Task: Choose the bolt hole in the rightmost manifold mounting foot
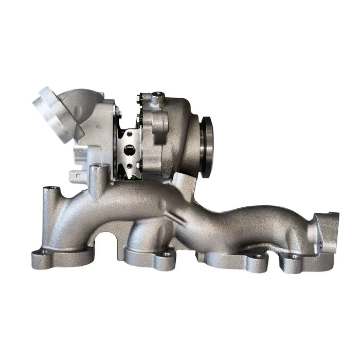click(295, 256)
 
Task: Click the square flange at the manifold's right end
click(326, 231)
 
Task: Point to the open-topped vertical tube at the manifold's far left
click(50, 193)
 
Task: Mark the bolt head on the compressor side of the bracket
click(117, 110)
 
